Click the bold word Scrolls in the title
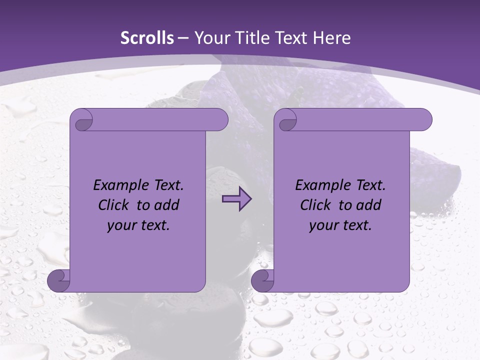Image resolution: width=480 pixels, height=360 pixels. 147,37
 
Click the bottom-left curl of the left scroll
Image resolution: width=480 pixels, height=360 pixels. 58,280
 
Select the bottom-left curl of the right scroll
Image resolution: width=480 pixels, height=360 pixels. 262,280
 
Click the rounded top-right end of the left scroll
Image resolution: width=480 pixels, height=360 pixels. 220,120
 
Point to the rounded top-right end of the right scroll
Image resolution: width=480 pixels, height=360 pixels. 424,120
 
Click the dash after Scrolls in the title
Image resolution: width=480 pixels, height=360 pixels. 183,37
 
